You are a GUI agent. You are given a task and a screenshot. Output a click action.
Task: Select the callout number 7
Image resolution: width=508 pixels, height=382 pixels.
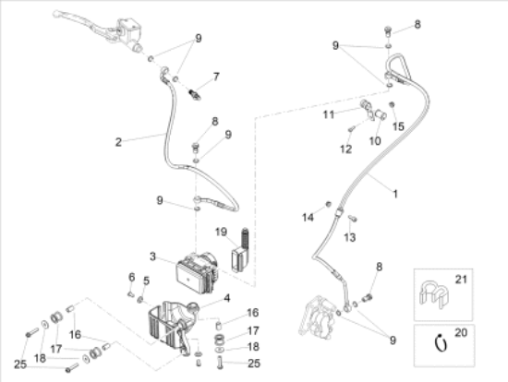coord(216,77)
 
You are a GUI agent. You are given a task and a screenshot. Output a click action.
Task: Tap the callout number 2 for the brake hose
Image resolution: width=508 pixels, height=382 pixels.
coord(118,142)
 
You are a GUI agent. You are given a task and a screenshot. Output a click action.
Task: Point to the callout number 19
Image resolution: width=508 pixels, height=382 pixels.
coord(221,233)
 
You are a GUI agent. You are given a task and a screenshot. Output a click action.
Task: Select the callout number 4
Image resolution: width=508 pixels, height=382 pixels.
coord(227,298)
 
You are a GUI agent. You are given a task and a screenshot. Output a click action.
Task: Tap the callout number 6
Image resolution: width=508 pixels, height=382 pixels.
coord(131,277)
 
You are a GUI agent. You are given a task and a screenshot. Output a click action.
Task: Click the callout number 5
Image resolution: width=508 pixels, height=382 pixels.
coord(147,281)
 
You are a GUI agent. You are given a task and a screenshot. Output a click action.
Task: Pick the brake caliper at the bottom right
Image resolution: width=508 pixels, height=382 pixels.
coord(320,316)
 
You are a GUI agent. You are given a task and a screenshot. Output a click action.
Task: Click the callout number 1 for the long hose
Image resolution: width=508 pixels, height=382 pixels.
coord(395,195)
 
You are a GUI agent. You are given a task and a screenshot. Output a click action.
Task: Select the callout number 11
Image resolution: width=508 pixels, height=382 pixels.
coord(329,114)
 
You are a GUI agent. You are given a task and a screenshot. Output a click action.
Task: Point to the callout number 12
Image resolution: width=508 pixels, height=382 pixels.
coord(345,149)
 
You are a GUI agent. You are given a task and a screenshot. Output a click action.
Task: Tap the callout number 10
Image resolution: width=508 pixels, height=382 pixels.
coord(375,141)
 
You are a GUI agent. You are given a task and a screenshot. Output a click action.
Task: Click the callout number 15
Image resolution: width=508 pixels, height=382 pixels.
coord(398,126)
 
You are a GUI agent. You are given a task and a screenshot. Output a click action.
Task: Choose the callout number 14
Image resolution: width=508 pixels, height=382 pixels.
coord(308,218)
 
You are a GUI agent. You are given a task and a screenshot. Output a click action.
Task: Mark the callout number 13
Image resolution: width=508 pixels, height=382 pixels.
coord(349,238)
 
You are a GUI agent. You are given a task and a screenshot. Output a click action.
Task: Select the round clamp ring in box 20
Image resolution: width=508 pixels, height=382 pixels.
coord(441,343)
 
